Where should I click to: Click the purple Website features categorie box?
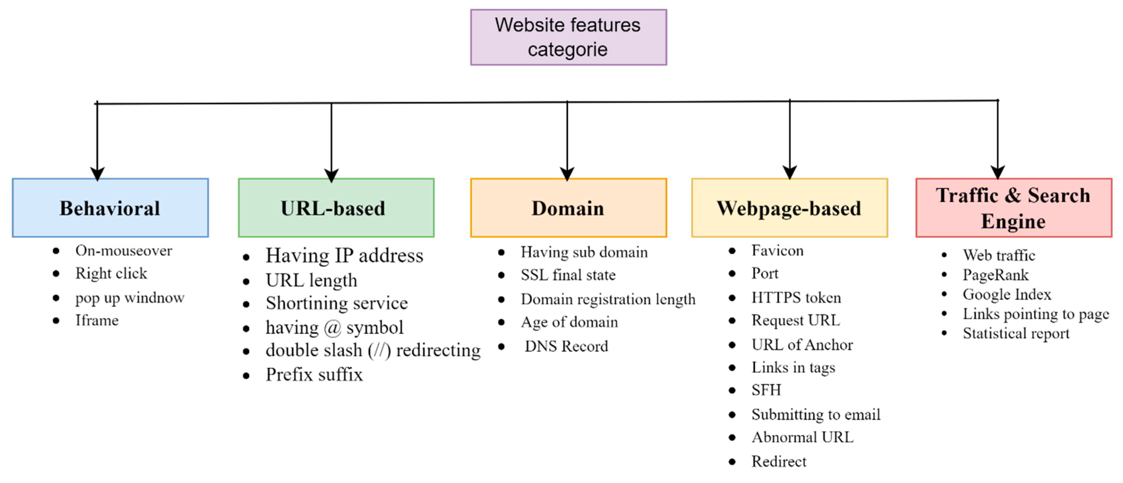[x=568, y=37]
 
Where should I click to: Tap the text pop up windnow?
[x=129, y=298]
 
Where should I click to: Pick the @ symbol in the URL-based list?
[x=332, y=328]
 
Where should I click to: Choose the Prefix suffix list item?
[x=314, y=375]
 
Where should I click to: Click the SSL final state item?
[x=568, y=275]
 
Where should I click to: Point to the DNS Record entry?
[x=566, y=346]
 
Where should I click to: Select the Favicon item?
[x=777, y=251]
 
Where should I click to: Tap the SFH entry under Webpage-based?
[x=766, y=390]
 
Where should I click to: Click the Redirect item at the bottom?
[x=779, y=461]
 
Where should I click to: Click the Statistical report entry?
[x=1016, y=334]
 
